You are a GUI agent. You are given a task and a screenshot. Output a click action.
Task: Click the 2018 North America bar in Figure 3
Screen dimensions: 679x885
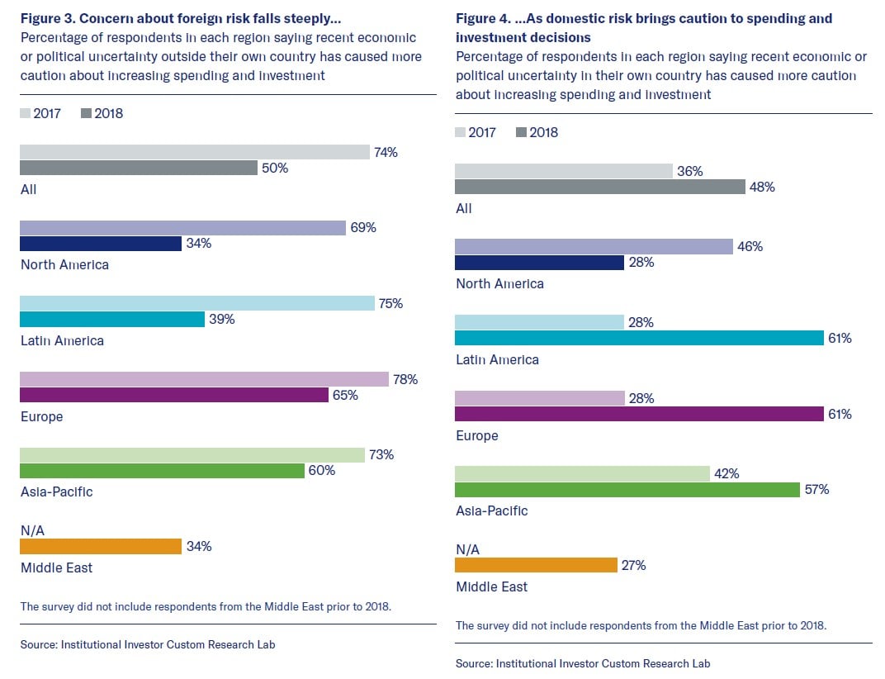click(x=100, y=244)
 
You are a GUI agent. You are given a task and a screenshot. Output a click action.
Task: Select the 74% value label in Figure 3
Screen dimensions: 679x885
click(x=386, y=152)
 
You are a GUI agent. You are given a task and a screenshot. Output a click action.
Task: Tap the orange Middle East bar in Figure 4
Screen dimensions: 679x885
click(x=536, y=565)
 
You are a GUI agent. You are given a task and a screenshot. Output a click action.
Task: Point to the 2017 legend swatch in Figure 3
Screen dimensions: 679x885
click(x=25, y=113)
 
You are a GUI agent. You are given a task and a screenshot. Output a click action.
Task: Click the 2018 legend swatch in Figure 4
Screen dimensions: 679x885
click(x=520, y=132)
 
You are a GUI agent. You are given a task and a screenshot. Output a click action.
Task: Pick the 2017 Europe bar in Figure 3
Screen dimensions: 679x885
click(x=203, y=379)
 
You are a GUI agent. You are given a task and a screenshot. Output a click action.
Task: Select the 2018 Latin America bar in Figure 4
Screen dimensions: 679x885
click(x=639, y=338)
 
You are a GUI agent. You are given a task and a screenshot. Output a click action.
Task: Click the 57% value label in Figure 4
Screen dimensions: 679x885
click(x=816, y=490)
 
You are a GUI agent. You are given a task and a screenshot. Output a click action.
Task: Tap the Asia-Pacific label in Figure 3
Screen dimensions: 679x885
click(x=56, y=491)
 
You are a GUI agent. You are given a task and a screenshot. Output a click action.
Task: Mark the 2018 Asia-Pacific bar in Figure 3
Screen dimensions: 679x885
click(x=162, y=471)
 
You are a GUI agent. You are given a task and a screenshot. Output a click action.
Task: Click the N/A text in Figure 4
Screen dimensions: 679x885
click(x=467, y=549)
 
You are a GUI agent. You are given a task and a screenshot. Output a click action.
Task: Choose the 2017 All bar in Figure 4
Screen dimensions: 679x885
click(x=563, y=171)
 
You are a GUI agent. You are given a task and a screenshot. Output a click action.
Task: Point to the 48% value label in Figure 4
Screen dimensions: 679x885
click(x=762, y=187)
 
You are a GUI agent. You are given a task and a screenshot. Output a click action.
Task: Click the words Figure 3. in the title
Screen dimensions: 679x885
click(x=46, y=18)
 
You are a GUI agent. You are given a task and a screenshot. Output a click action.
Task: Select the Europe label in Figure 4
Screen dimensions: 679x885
click(x=477, y=435)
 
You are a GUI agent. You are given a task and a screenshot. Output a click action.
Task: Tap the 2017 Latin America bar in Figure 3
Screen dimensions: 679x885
click(x=196, y=303)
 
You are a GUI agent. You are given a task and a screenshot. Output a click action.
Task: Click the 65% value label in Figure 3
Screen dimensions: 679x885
click(x=345, y=395)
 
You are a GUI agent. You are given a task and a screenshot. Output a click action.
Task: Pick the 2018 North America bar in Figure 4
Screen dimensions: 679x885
click(x=539, y=263)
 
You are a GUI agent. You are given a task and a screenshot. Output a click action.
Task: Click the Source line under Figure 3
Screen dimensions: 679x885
click(x=148, y=644)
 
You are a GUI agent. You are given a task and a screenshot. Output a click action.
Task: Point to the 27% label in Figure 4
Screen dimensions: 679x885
click(x=632, y=565)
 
